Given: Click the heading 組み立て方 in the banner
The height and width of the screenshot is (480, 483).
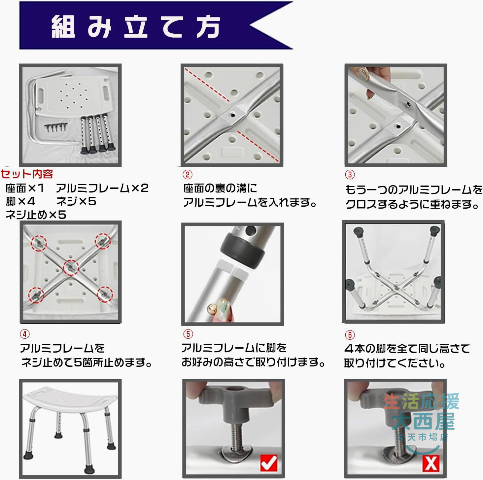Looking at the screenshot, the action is tap(136, 26).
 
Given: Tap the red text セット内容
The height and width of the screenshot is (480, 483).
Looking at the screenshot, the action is tap(27, 174).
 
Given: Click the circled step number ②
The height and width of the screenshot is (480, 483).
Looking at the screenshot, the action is tap(188, 174).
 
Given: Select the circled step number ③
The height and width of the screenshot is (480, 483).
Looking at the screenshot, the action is tap(350, 174).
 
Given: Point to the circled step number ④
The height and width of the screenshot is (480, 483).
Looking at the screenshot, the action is tap(25, 334).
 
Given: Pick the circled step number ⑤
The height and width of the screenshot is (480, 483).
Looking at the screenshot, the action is tap(188, 334).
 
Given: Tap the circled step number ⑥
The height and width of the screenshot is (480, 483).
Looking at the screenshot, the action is tap(350, 335).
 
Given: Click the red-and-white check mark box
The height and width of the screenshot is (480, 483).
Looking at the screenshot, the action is tap(269, 463).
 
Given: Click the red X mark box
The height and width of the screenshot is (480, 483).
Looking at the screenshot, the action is tap(431, 463).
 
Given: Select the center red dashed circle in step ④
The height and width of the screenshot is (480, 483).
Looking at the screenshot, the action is tap(71, 268).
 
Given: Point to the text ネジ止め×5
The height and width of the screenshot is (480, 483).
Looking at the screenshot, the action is tap(36, 215).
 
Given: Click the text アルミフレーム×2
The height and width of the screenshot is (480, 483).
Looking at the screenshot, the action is tap(102, 188).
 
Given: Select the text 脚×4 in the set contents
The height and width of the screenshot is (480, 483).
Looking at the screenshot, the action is tap(20, 201).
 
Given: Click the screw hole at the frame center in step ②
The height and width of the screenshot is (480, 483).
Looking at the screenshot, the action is tap(233, 115).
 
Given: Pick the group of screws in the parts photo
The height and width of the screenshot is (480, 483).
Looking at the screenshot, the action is tap(56, 127).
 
